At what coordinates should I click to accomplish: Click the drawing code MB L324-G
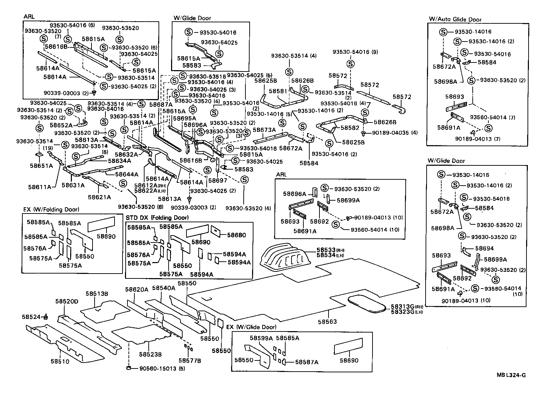pyautogui.click(x=511, y=375)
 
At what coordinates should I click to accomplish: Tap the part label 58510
pyautogui.click(x=60, y=362)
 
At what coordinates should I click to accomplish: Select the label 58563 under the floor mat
pyautogui.click(x=327, y=322)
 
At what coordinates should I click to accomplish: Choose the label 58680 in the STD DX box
pyautogui.click(x=237, y=235)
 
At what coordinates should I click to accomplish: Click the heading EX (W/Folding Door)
pyautogui.click(x=51, y=209)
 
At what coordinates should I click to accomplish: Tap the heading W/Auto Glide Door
pyautogui.click(x=455, y=20)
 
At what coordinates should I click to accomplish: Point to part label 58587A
pyautogui.click(x=307, y=362)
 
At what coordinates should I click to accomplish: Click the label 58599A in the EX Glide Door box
pyautogui.click(x=261, y=338)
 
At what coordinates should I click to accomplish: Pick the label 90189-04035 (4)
pyautogui.click(x=395, y=133)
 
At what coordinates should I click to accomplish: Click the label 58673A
pyautogui.click(x=264, y=130)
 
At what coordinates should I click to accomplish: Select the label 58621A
pyautogui.click(x=99, y=197)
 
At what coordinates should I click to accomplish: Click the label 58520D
pyautogui.click(x=67, y=301)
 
